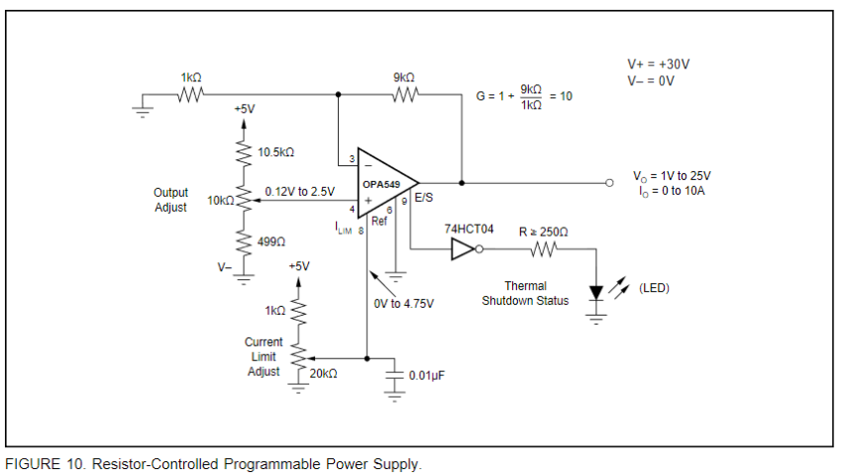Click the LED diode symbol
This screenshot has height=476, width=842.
pos(596,293)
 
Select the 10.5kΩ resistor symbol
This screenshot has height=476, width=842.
pos(241,151)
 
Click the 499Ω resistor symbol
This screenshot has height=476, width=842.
pos(241,240)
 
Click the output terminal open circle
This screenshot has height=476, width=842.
pos(610,183)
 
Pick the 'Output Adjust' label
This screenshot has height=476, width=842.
pos(170,200)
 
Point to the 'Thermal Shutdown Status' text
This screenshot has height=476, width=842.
pos(525,293)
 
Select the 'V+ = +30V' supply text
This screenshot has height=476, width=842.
pos(651,64)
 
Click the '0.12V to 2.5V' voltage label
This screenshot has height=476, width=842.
pos(299,191)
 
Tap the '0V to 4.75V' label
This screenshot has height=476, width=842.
pos(403,304)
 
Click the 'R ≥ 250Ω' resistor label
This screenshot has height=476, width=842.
pos(543,231)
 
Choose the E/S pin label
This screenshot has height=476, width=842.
pos(423,198)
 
